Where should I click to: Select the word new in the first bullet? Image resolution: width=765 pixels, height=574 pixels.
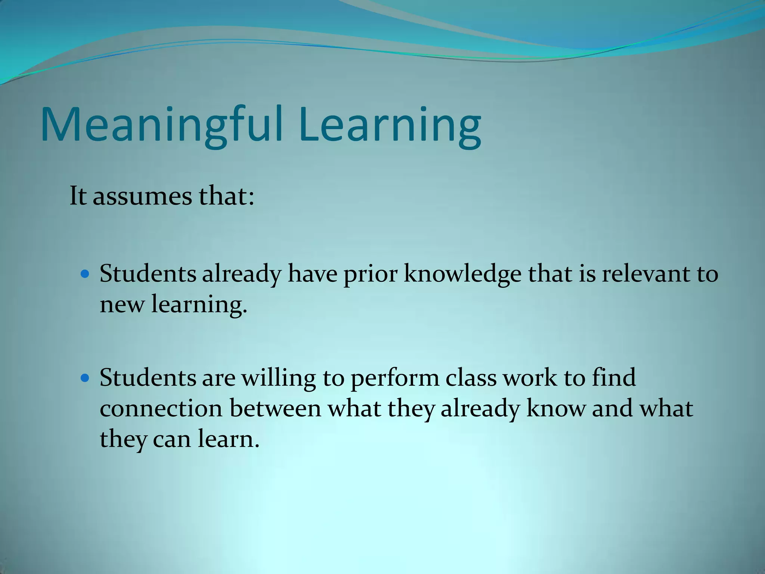click(x=122, y=305)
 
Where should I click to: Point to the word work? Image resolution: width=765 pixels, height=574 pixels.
click(x=530, y=377)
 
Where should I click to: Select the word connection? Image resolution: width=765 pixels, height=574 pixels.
click(x=161, y=408)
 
